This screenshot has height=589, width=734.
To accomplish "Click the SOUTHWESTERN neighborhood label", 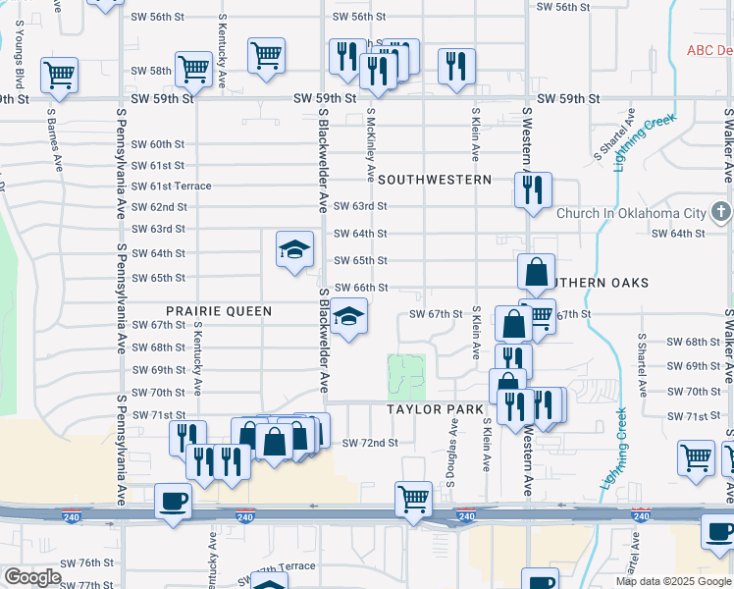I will click(x=435, y=180).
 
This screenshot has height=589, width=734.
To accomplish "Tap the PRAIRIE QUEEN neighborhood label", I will click(x=218, y=311).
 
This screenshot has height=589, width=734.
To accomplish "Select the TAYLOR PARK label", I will click(x=436, y=409).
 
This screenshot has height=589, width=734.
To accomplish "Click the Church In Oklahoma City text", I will click(x=631, y=213).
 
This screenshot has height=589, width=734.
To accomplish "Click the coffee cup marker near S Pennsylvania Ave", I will click(x=173, y=500).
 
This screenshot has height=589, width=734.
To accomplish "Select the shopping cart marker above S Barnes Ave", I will click(x=60, y=74).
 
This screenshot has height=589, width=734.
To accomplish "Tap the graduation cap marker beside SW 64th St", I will click(x=294, y=249).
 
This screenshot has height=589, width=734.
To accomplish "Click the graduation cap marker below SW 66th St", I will click(x=347, y=317).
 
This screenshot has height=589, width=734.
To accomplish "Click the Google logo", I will click(x=32, y=577).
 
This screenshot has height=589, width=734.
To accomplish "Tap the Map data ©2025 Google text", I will click(x=674, y=581).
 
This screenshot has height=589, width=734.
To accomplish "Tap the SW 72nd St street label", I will click(x=370, y=443).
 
